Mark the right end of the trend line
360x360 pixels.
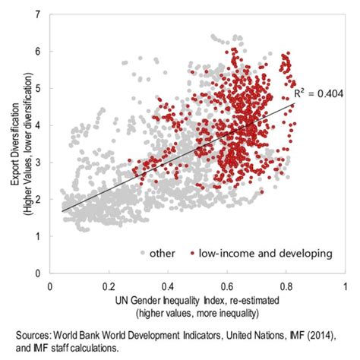[292, 104]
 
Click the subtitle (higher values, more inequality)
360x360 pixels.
[197, 313]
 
